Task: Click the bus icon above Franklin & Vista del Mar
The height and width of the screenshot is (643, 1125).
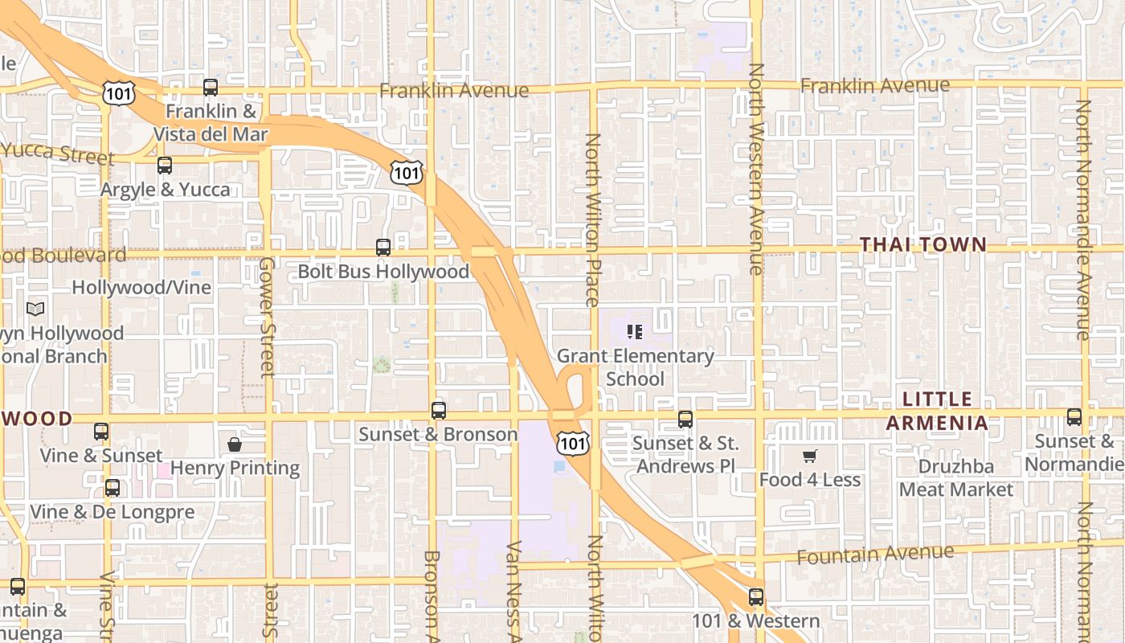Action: pyautogui.click(x=211, y=88)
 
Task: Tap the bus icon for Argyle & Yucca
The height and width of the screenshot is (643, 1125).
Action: pyautogui.click(x=165, y=166)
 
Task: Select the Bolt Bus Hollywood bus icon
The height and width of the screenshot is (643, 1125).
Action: pyautogui.click(x=383, y=248)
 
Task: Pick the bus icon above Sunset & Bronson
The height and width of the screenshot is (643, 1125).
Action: pyautogui.click(x=438, y=411)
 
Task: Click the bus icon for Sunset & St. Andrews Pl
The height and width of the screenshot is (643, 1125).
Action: pyautogui.click(x=685, y=419)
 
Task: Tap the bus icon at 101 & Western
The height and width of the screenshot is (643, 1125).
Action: pyautogui.click(x=755, y=597)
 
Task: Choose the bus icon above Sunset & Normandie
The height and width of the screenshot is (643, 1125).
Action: pyautogui.click(x=1074, y=417)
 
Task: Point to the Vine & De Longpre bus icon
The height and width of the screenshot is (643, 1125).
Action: pyautogui.click(x=112, y=488)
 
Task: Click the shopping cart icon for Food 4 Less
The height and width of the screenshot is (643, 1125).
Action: pyautogui.click(x=809, y=457)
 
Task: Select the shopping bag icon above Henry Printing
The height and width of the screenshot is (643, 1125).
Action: pyautogui.click(x=235, y=444)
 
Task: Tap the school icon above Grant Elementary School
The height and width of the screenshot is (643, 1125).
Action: pyautogui.click(x=635, y=331)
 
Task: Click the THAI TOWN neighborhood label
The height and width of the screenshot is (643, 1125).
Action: pyautogui.click(x=922, y=244)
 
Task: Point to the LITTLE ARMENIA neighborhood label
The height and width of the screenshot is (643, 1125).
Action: pyautogui.click(x=937, y=411)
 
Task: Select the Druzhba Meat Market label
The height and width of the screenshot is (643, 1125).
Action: pyautogui.click(x=956, y=477)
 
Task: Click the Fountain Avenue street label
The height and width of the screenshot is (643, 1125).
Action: pyautogui.click(x=875, y=553)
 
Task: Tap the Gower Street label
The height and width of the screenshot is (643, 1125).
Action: pyautogui.click(x=268, y=317)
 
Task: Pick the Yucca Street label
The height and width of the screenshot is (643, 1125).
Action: pyautogui.click(x=56, y=152)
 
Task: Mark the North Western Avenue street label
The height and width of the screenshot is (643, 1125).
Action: pyautogui.click(x=755, y=169)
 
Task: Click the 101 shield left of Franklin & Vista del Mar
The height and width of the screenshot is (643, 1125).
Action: pyautogui.click(x=118, y=92)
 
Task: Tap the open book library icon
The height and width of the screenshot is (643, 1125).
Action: pyautogui.click(x=35, y=309)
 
